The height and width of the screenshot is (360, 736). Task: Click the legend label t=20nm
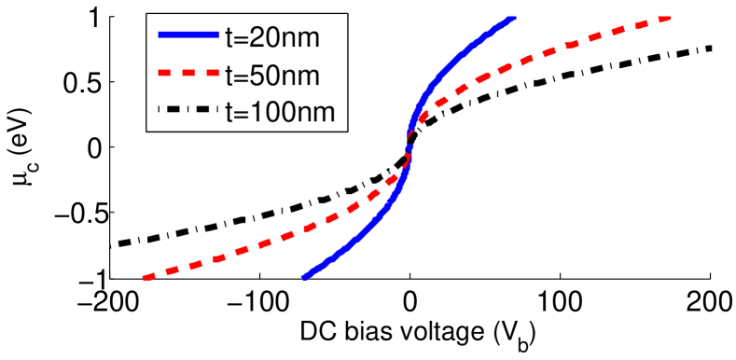click(x=286, y=37)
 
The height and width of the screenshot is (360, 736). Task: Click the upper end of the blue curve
click(x=511, y=18)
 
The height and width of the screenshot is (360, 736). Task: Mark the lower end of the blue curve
click(x=304, y=276)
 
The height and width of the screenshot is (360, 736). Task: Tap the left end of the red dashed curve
click(x=145, y=277)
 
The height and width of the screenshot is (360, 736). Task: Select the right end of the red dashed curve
click(x=668, y=18)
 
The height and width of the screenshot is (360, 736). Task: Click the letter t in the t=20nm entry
click(x=230, y=37)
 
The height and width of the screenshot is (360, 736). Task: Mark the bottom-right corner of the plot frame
click(x=711, y=278)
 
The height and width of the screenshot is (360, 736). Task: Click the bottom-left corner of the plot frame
click(x=111, y=278)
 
